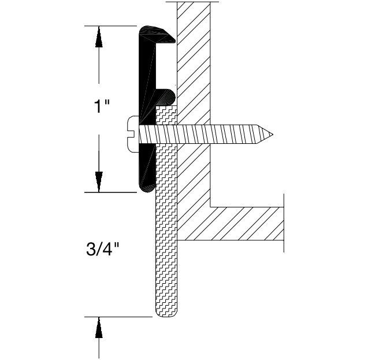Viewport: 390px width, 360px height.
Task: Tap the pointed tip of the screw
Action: [x=271, y=135]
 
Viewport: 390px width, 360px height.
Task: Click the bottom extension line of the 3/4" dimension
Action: [x=118, y=317]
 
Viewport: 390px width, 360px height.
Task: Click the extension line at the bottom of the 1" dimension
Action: [x=113, y=192]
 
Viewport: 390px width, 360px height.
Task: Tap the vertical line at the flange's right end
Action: [x=284, y=222]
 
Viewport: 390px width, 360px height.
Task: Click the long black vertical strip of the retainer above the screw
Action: [x=144, y=75]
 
